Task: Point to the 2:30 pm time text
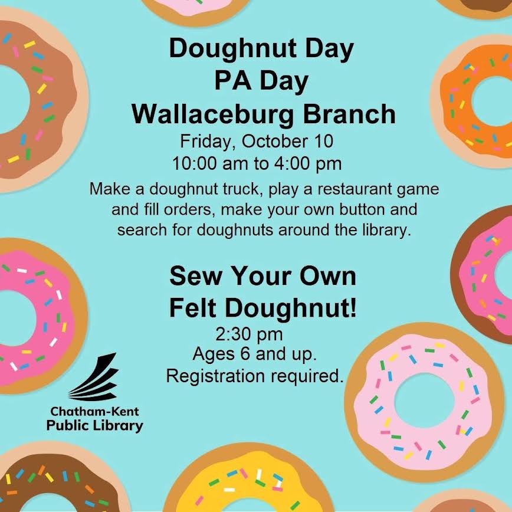tap(250, 335)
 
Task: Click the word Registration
tap(216, 376)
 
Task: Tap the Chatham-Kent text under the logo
tap(95, 411)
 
